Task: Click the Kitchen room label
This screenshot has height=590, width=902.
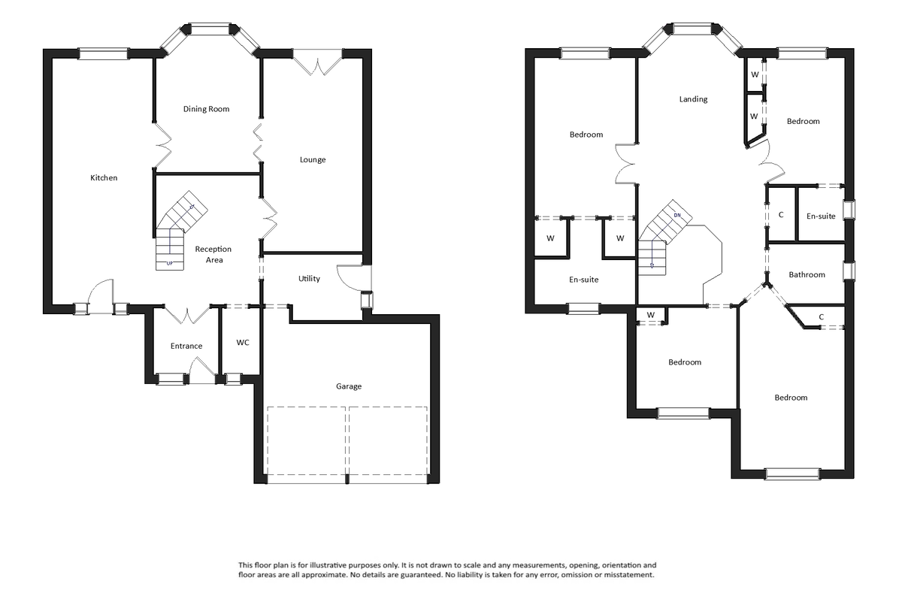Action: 104,178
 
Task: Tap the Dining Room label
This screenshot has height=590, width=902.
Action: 206,109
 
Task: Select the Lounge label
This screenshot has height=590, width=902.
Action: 313,159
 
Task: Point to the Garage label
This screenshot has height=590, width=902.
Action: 348,386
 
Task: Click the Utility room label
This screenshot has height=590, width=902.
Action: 309,279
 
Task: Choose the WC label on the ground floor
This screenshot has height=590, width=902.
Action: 243,343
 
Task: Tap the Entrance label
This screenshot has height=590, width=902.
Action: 186,346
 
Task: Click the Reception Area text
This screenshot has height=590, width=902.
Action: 213,254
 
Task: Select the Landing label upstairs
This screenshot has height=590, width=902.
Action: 692,99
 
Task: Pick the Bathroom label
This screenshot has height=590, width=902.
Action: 807,275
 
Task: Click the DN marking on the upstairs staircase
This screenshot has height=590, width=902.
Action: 677,216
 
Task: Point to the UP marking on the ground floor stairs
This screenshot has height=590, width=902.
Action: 169,263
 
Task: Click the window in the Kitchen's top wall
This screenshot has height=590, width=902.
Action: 104,52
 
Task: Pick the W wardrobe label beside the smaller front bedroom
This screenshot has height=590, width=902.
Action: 651,314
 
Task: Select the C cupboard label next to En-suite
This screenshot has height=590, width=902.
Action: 781,215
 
